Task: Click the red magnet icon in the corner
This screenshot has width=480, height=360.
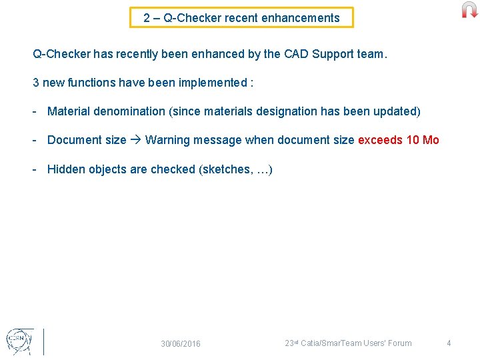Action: click(469, 10)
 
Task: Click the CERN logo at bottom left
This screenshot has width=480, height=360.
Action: click(18, 340)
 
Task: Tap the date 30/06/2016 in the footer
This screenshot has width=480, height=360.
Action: click(180, 344)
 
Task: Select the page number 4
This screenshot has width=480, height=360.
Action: click(449, 343)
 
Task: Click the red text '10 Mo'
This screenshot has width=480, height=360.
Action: click(423, 140)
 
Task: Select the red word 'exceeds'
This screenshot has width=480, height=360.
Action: click(381, 140)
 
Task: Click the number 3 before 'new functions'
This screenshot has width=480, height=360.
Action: click(36, 83)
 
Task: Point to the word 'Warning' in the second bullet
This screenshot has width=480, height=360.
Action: click(167, 140)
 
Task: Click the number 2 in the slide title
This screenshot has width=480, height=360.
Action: click(147, 18)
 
